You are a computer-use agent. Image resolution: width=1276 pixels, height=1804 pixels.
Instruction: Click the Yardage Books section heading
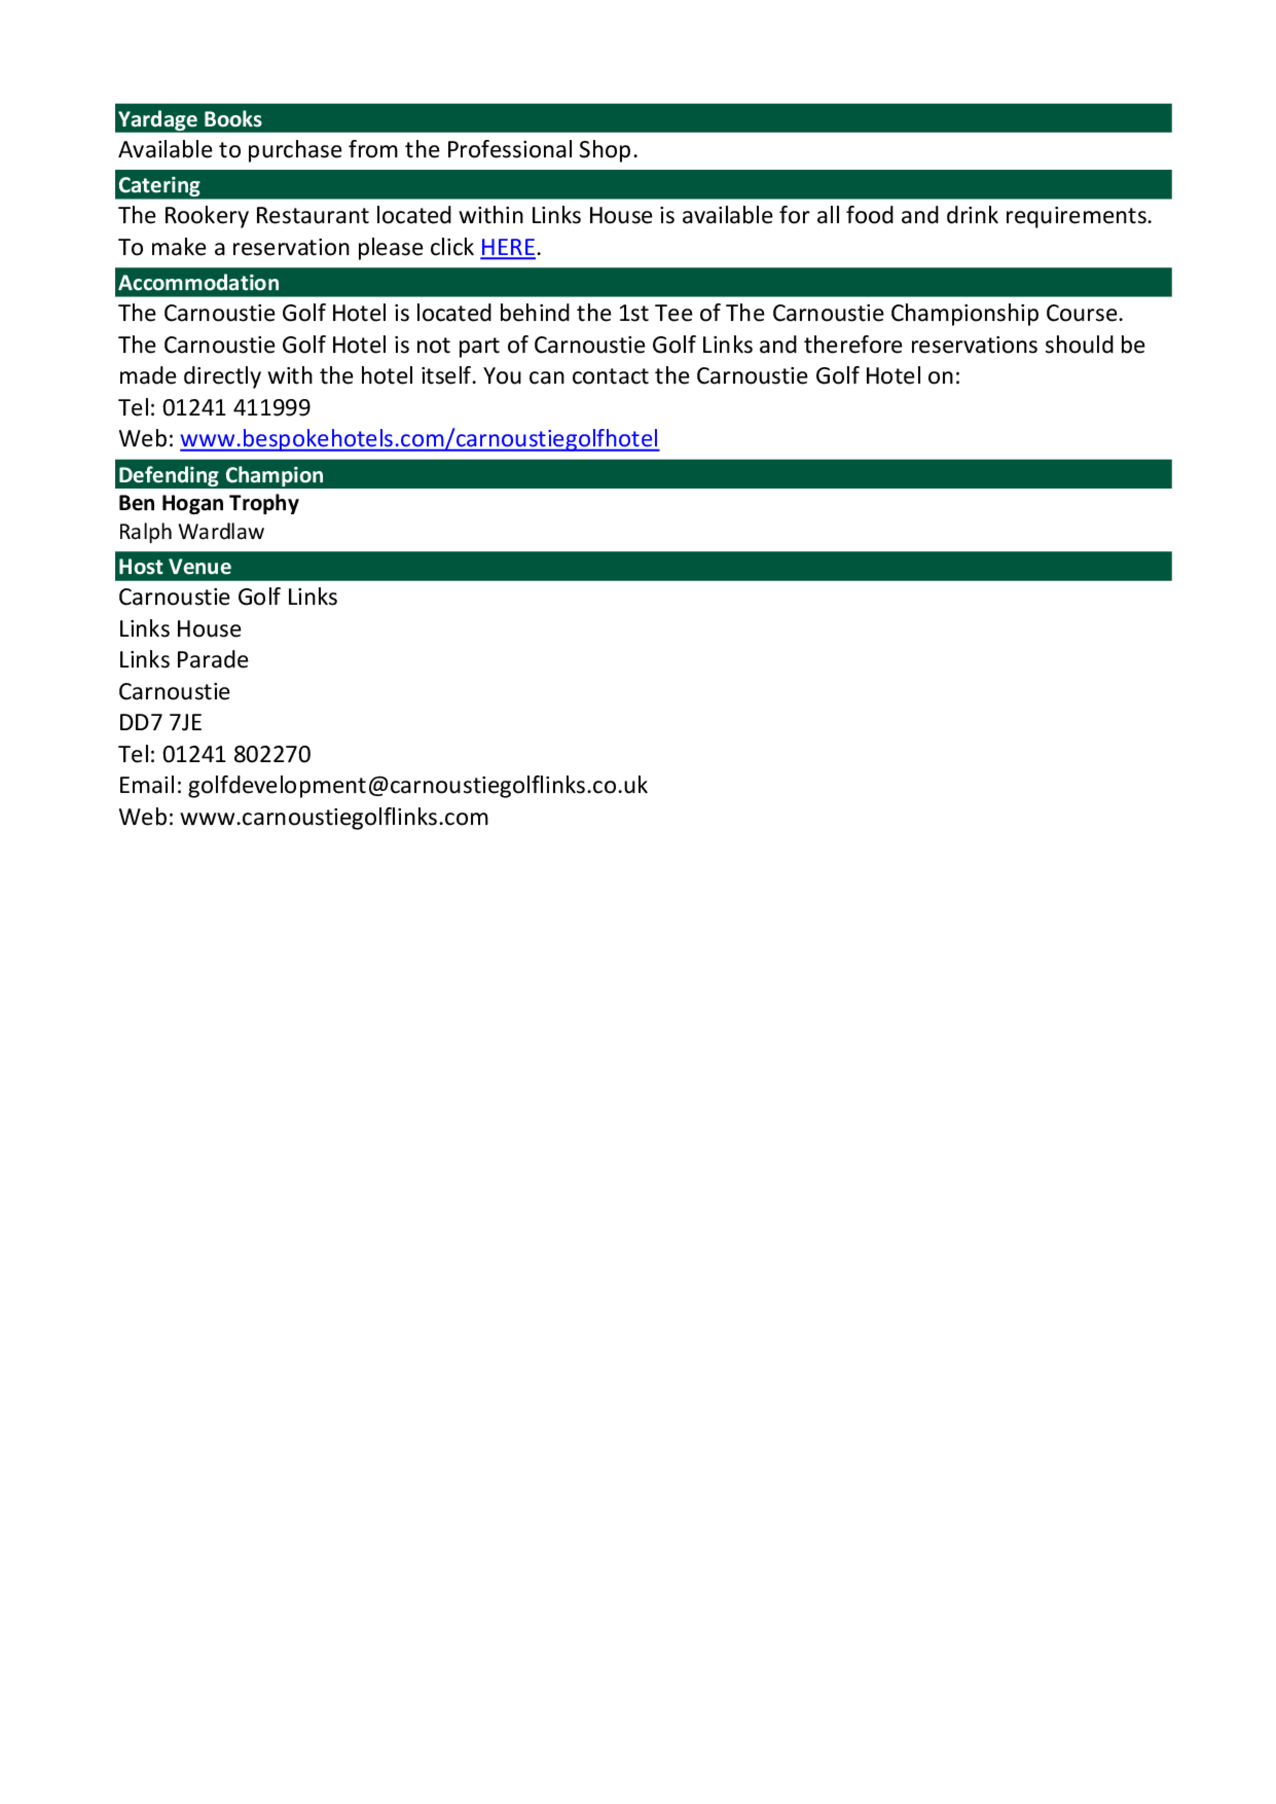pyautogui.click(x=189, y=119)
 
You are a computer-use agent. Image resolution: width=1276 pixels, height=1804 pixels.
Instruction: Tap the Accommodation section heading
pyautogui.click(x=199, y=283)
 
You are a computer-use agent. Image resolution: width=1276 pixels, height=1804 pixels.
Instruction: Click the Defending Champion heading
pyautogui.click(x=221, y=475)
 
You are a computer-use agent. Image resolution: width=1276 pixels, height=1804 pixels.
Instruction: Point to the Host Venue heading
pyautogui.click(x=174, y=567)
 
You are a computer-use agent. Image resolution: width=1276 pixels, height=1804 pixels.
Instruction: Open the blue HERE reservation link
pyautogui.click(x=508, y=248)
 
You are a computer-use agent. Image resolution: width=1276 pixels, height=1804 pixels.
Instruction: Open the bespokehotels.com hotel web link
pyautogui.click(x=419, y=438)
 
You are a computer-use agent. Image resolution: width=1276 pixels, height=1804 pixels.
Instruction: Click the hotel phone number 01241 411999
pyautogui.click(x=235, y=407)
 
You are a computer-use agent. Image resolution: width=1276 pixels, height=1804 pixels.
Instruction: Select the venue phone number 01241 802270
pyautogui.click(x=235, y=754)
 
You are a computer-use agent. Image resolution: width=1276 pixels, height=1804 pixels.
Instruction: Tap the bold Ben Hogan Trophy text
pyautogui.click(x=208, y=503)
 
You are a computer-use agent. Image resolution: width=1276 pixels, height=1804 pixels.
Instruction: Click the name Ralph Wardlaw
pyautogui.click(x=191, y=532)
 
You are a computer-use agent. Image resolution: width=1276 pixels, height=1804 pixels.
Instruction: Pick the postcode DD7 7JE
pyautogui.click(x=160, y=723)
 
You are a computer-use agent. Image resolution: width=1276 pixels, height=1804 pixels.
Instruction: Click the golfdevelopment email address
pyautogui.click(x=417, y=786)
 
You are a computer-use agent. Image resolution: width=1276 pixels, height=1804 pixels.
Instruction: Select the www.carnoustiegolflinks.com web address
pyautogui.click(x=334, y=817)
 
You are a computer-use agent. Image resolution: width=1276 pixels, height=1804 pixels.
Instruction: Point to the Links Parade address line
pyautogui.click(x=183, y=660)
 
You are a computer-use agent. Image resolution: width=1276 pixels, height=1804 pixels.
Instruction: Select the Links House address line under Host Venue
pyautogui.click(x=180, y=629)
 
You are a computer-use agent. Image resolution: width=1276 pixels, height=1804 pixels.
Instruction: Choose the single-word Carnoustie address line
pyautogui.click(x=174, y=692)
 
